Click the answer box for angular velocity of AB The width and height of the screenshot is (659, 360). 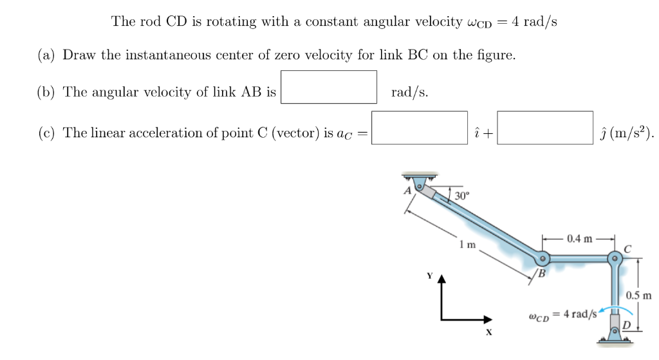coord(329,87)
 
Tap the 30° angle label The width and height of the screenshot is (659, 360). coord(462,195)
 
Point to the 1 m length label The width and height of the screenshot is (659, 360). coord(468,245)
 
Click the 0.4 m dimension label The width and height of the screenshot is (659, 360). coord(580,239)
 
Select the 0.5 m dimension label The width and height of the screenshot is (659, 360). coord(638,296)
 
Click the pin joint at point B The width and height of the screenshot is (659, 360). coord(543,260)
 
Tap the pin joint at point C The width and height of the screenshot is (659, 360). coord(616,260)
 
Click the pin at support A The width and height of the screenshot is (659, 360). coord(420,187)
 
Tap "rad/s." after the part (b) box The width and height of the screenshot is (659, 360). coord(410,92)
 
